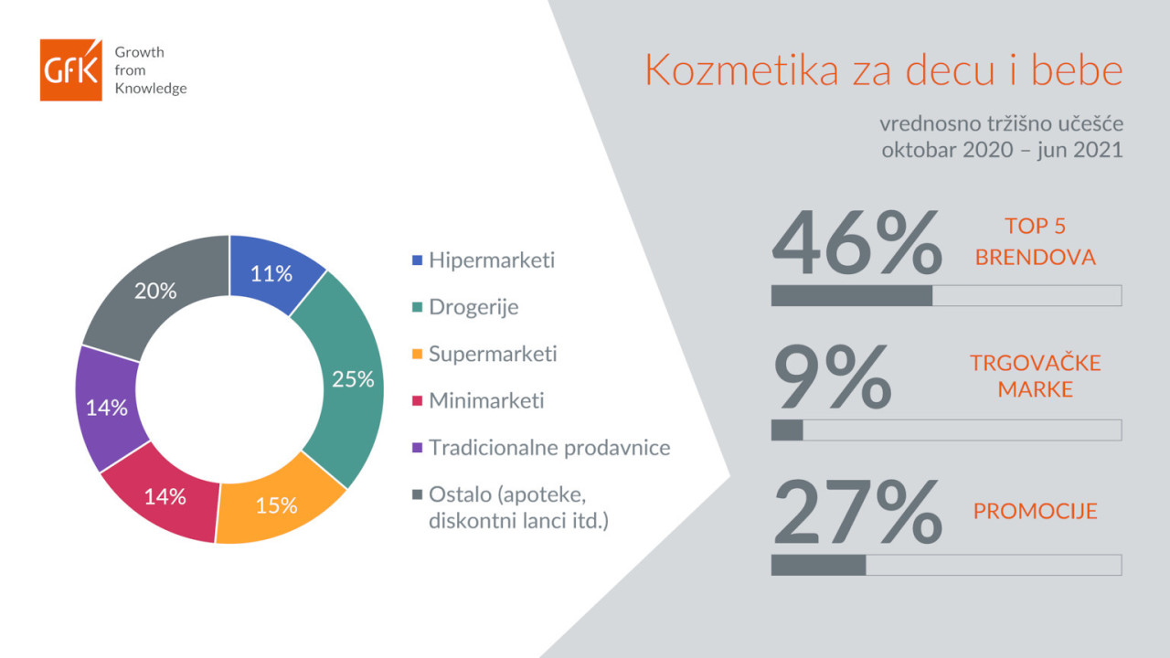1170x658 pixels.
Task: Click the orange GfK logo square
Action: point(71,69)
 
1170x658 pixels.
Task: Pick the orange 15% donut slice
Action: point(277,504)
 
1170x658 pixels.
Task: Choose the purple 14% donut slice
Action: point(107,408)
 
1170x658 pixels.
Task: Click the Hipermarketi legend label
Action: point(492,260)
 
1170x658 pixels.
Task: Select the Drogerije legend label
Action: point(473,307)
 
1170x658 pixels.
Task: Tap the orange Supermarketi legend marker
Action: point(417,354)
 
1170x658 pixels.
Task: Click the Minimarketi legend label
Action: point(486,400)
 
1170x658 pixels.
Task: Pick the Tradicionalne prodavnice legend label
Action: point(549,448)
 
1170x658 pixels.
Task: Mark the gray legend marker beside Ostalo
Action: point(417,494)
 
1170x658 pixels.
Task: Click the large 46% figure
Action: point(856,242)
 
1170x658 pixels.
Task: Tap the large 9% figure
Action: point(833,376)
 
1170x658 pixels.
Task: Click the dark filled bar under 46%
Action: point(852,295)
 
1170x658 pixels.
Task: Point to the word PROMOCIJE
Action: point(1036,511)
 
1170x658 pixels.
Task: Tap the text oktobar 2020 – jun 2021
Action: point(1003,150)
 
